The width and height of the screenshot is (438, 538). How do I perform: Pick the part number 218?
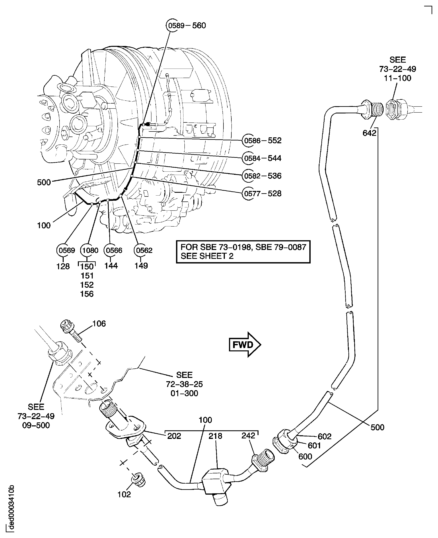pyautogui.click(x=215, y=436)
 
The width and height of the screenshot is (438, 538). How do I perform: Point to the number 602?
pyautogui.click(x=324, y=436)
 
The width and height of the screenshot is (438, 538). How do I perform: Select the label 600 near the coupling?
pyautogui.click(x=305, y=456)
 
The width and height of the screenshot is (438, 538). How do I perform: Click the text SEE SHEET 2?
pyautogui.click(x=207, y=256)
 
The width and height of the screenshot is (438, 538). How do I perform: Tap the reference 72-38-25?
pyautogui.click(x=184, y=384)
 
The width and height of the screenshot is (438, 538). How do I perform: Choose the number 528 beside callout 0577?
pyautogui.click(x=275, y=193)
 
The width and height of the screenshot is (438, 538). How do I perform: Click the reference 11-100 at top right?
pyautogui.click(x=397, y=78)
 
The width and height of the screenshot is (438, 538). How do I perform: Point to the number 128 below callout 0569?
pyautogui.click(x=63, y=266)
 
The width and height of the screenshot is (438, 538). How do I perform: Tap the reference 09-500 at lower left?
pyautogui.click(x=36, y=425)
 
